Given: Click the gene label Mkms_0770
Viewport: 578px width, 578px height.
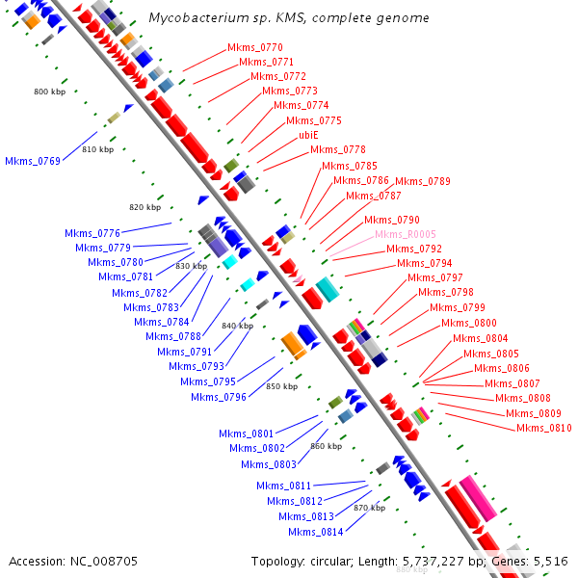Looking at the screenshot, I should click(255, 48).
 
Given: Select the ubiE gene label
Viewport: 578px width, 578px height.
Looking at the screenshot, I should click(308, 135).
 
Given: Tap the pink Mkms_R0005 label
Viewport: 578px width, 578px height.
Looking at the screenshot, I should click(406, 234).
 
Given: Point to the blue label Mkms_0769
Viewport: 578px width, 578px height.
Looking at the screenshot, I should click(32, 161).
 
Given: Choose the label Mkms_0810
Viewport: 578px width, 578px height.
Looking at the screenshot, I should click(544, 428).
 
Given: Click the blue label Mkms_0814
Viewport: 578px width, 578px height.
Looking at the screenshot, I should click(315, 532).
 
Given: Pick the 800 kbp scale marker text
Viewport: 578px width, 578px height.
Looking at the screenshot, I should click(49, 92).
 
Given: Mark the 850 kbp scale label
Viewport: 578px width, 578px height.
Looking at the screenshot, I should click(282, 386).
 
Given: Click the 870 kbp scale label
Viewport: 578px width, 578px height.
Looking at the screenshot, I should click(369, 507).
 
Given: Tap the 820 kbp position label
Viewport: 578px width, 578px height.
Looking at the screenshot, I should click(144, 207).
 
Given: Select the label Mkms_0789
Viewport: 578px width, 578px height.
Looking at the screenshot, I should click(422, 181).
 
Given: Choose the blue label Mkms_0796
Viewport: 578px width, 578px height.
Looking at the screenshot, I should click(218, 397).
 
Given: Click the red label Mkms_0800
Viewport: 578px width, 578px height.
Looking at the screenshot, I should click(469, 323).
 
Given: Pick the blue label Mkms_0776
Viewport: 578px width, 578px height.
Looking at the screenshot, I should click(92, 233).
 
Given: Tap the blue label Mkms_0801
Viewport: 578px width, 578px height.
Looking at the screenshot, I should click(246, 433).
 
